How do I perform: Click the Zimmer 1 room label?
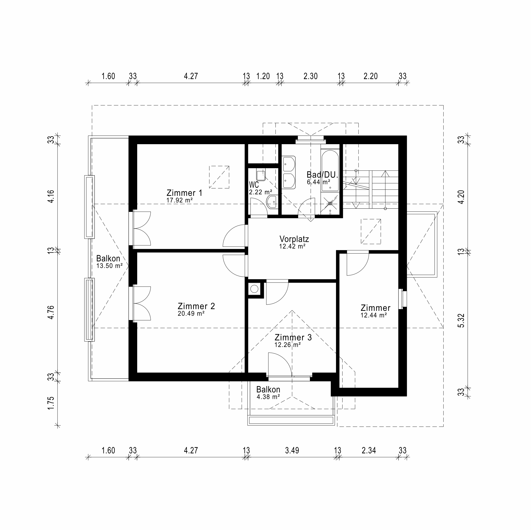[x=184, y=193]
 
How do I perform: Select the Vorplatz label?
[x=294, y=239]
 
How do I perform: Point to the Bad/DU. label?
[x=322, y=175]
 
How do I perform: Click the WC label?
[x=254, y=184]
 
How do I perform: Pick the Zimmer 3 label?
[x=293, y=337]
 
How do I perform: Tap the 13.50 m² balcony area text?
[x=109, y=266]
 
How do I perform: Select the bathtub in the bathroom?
[x=330, y=171]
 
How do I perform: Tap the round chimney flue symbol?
[x=254, y=289]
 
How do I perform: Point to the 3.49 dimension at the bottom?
[x=292, y=451]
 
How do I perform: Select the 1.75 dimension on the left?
[x=50, y=403]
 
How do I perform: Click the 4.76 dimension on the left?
[x=50, y=312]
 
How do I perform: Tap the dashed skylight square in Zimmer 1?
[x=219, y=177]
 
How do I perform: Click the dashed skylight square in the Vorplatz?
[x=371, y=231]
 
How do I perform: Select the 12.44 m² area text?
[x=373, y=315]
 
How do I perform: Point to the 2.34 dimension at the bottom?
[x=369, y=451]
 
